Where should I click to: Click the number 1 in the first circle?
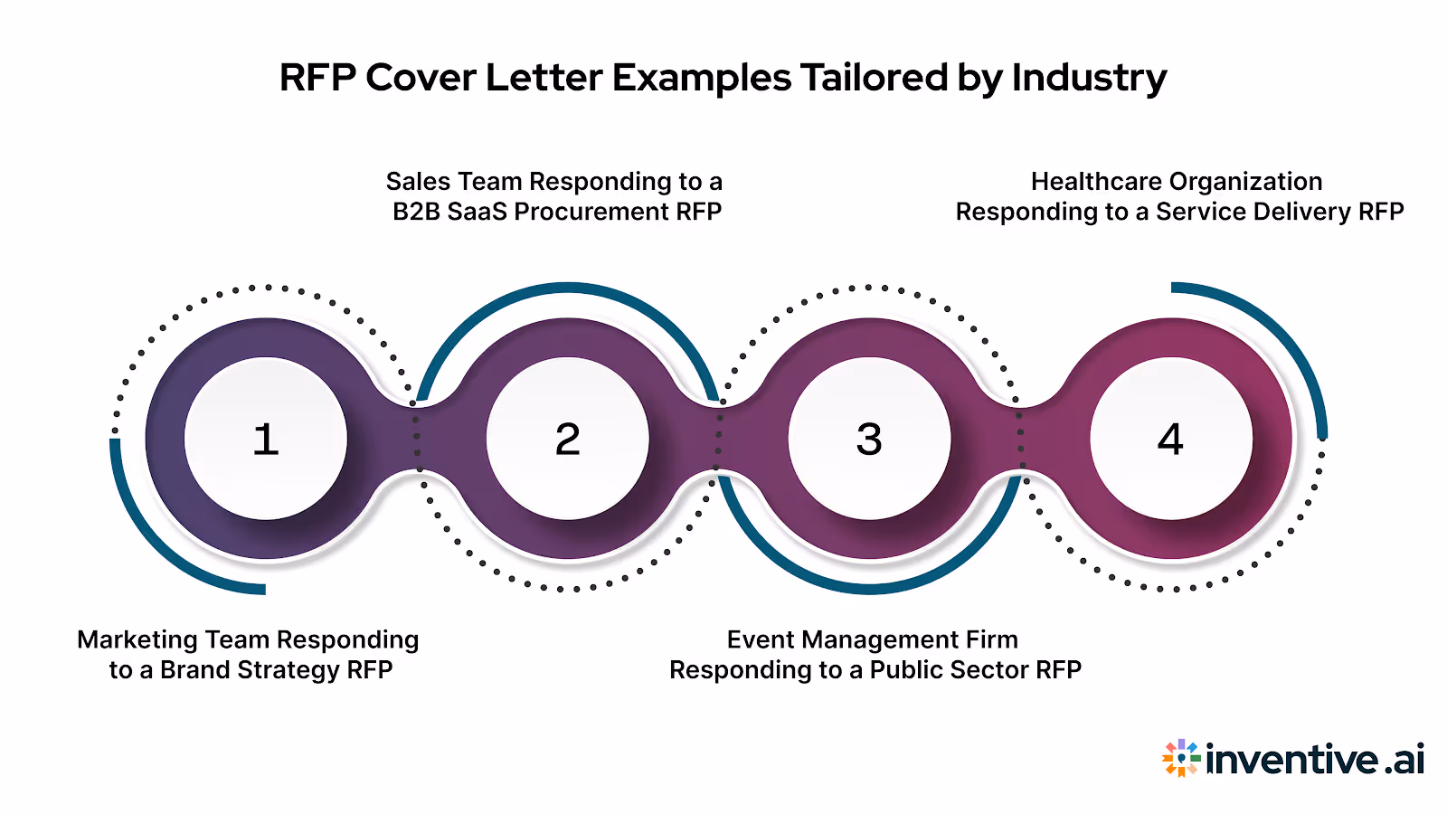(x=265, y=440)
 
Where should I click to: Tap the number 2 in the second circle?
(x=567, y=440)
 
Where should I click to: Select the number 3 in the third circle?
(x=869, y=440)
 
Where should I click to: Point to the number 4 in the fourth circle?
(x=1170, y=440)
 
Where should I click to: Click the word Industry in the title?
(x=1089, y=79)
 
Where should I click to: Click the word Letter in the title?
(x=544, y=78)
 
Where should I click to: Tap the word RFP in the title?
(x=316, y=78)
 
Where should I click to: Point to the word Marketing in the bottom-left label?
(x=137, y=639)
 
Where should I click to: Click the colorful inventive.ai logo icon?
(x=1181, y=758)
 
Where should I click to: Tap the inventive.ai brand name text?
(x=1315, y=759)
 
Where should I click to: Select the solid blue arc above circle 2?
(x=568, y=289)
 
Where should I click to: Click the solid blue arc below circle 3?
(x=869, y=589)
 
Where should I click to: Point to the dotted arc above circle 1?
(x=266, y=288)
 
